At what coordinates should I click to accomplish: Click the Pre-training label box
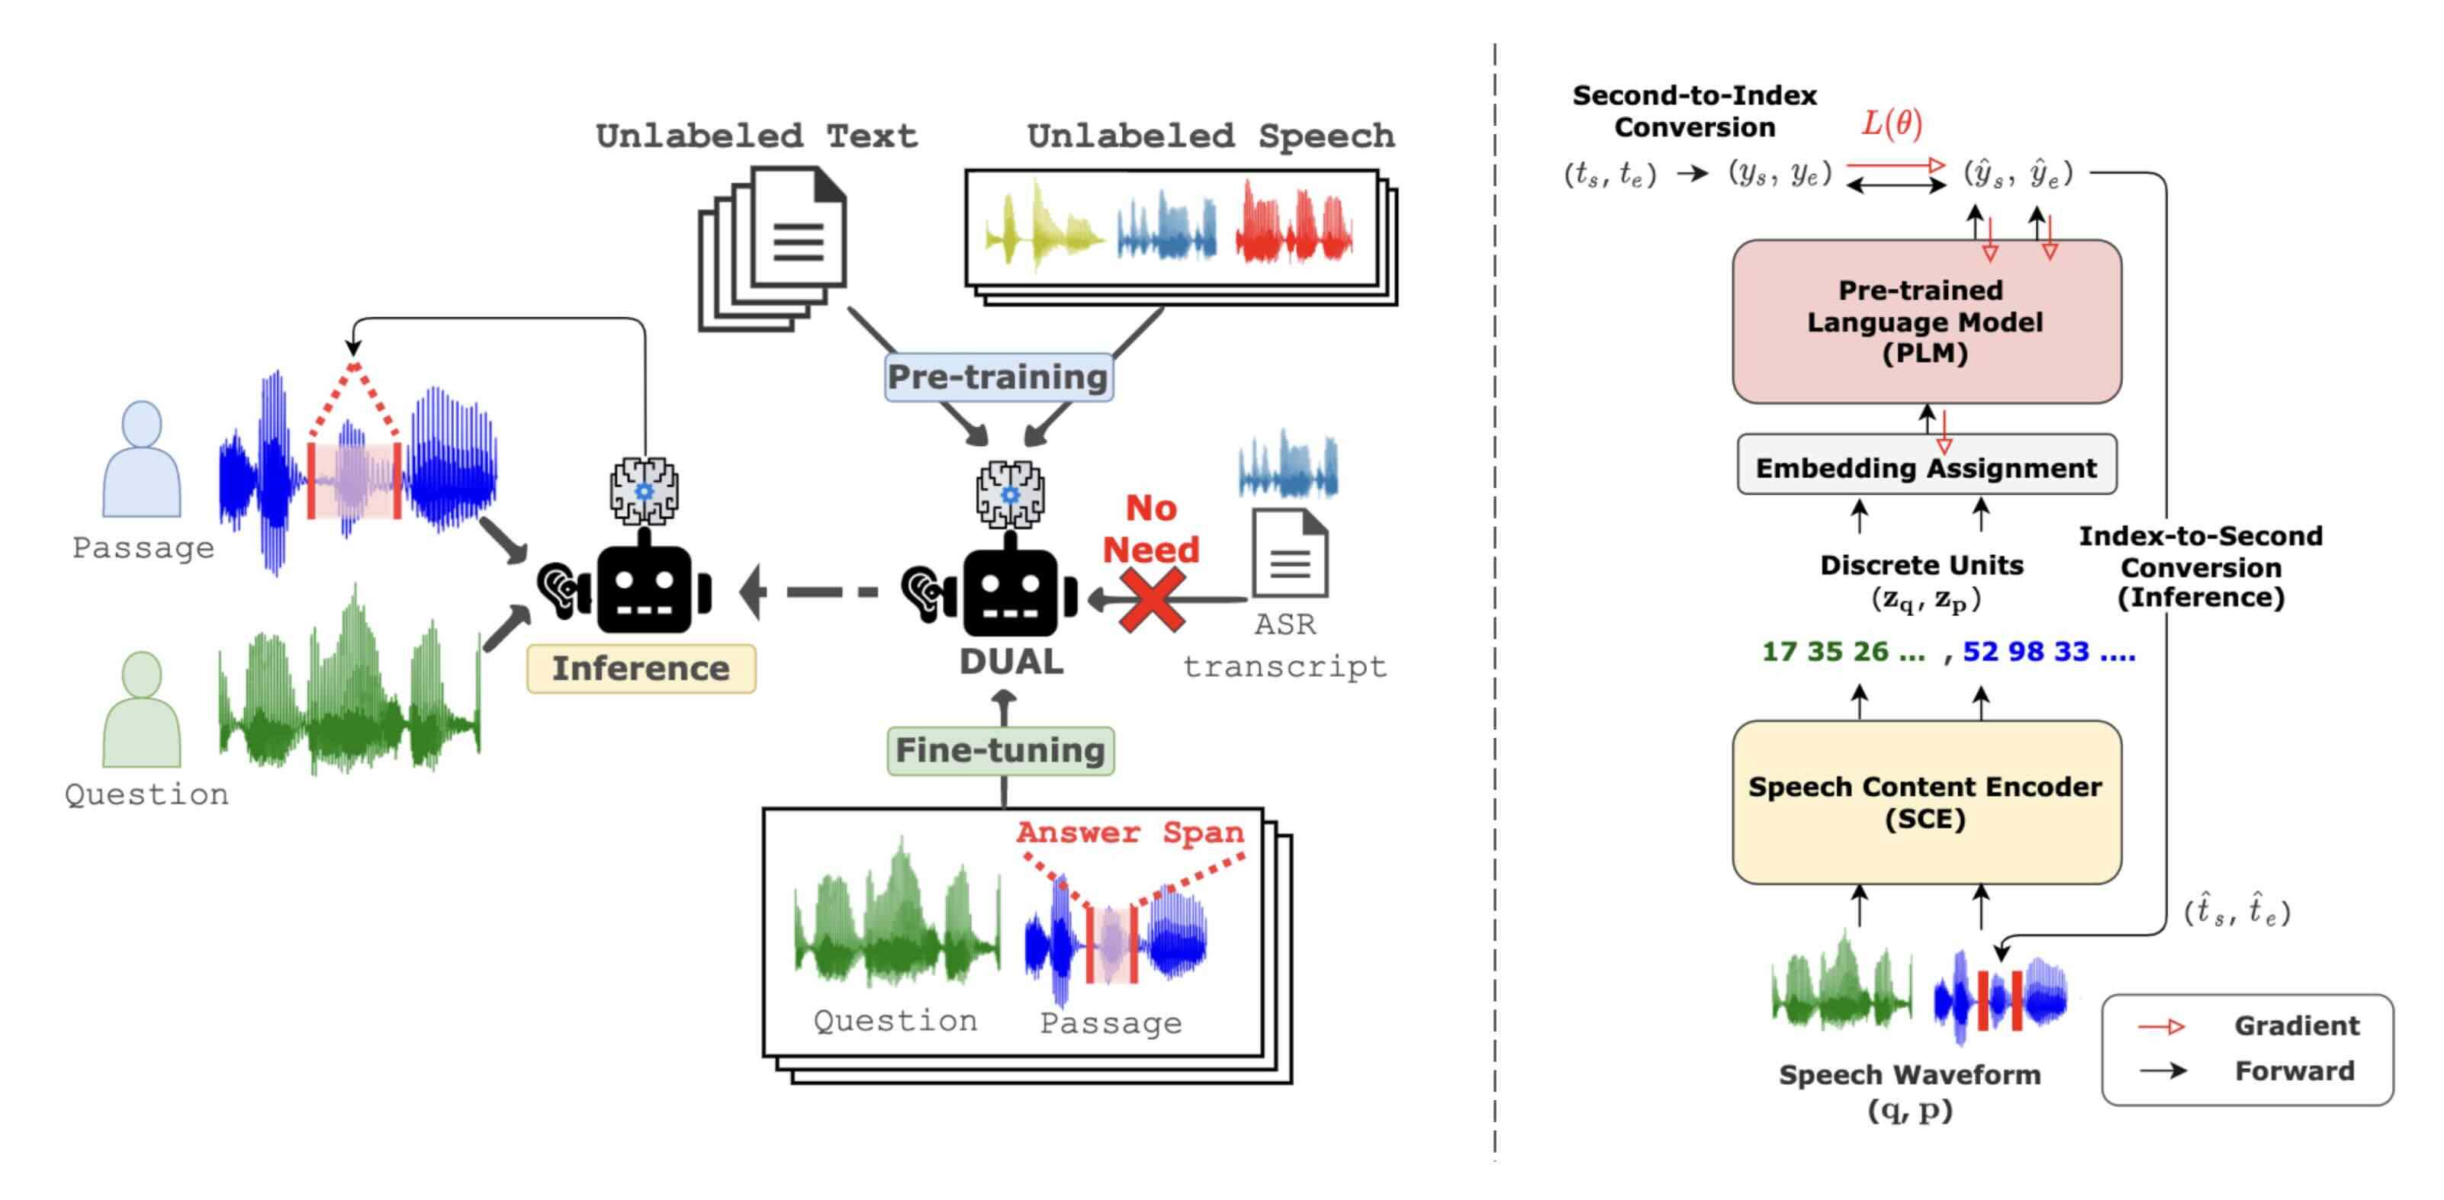[998, 377]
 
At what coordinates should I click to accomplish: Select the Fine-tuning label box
[1000, 750]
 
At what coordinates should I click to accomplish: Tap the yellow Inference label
[642, 668]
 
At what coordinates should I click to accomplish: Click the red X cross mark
[1151, 599]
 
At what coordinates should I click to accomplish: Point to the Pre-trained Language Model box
[1926, 322]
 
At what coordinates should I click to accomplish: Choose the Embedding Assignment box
[1926, 467]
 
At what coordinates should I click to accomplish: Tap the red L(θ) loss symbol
[1891, 124]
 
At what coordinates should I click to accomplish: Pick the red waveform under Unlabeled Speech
[1295, 226]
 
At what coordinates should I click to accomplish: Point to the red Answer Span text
[1130, 832]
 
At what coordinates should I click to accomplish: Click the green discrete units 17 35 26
[1842, 652]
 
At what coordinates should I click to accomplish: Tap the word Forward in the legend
[2294, 1071]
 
